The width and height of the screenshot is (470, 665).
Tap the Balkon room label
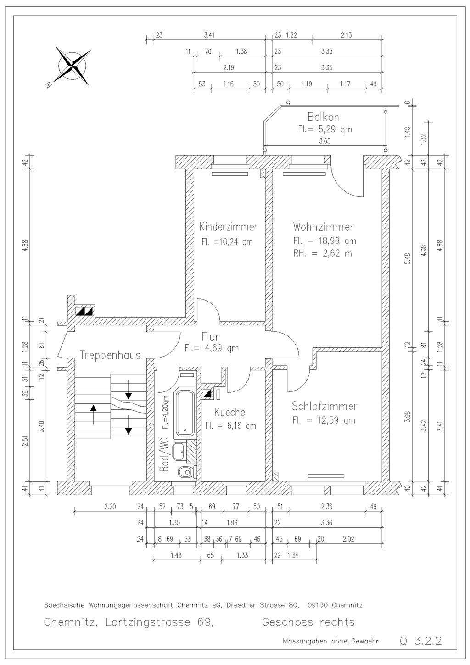[323, 117]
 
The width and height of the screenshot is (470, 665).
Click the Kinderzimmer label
[228, 227]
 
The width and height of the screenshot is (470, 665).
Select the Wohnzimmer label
[323, 227]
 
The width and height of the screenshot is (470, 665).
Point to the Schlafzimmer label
[324, 406]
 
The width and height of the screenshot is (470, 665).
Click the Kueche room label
[229, 412]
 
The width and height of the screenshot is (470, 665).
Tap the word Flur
[210, 336]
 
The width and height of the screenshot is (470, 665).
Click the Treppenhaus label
[110, 355]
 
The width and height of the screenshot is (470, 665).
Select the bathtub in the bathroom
[185, 414]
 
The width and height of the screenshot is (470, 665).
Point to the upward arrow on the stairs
[94, 414]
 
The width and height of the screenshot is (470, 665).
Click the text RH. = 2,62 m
[323, 253]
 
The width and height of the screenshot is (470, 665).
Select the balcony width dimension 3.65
[325, 141]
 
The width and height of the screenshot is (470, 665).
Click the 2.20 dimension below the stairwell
[110, 506]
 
